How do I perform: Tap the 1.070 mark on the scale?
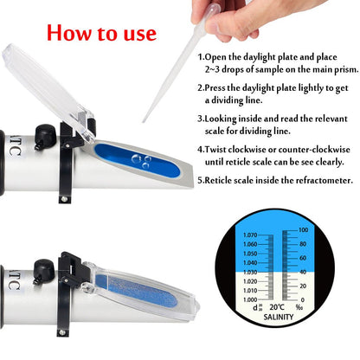(x=251, y=235)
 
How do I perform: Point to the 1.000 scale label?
(x=251, y=299)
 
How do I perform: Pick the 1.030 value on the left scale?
(x=251, y=272)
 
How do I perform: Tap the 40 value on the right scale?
(x=303, y=273)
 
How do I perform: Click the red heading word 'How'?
(x=72, y=33)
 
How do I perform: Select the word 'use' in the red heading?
(x=136, y=35)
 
